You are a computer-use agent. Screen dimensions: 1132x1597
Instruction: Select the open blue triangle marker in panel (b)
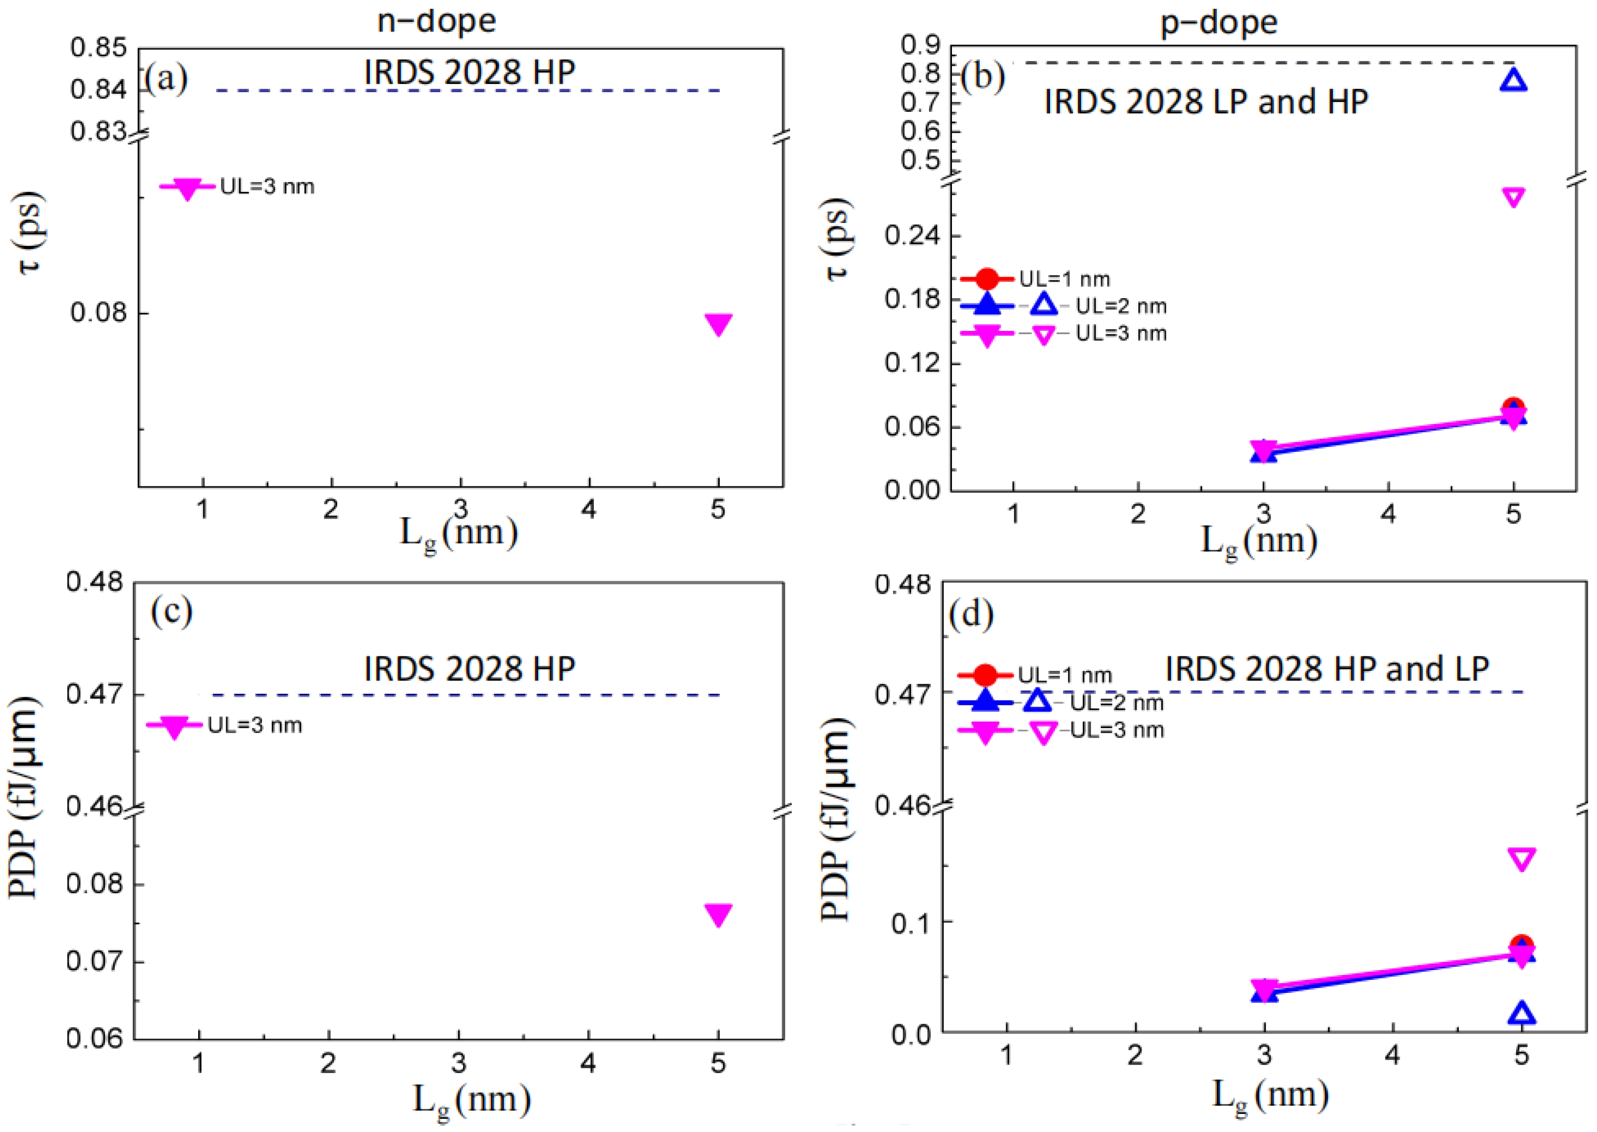click(1513, 80)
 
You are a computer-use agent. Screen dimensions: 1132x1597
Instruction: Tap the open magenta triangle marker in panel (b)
click(1513, 197)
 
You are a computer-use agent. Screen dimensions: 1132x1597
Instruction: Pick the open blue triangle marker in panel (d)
click(1522, 1013)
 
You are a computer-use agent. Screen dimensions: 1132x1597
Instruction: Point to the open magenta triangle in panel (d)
click(1522, 859)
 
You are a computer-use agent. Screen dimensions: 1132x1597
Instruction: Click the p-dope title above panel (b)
click(1218, 22)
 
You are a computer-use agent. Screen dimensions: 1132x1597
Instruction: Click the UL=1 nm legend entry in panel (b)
click(1063, 279)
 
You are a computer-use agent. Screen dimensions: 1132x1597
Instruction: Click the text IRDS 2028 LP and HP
click(1205, 102)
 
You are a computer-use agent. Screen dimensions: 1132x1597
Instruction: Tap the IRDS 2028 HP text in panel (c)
click(469, 669)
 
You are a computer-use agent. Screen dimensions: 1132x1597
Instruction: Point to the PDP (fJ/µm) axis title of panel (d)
click(835, 819)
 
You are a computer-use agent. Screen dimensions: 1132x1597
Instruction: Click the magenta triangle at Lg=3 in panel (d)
click(1264, 989)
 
